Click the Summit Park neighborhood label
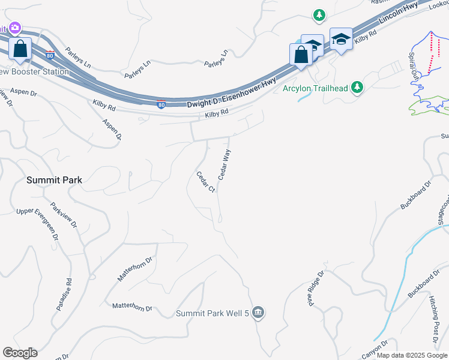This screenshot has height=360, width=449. coord(54,179)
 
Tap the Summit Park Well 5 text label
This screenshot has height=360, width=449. coord(212,313)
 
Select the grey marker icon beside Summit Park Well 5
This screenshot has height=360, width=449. coord(259,312)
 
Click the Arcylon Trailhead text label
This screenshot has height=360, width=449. coord(315,88)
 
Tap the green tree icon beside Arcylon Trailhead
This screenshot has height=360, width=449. coord(358,88)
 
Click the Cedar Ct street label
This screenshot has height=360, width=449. coord(205,182)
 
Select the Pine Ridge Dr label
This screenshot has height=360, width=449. coord(316,288)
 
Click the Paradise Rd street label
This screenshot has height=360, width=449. coord(64,294)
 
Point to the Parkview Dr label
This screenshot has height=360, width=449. coord(64,214)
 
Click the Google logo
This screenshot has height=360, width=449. coord(20,353)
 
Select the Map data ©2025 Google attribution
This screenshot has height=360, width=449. coord(411,355)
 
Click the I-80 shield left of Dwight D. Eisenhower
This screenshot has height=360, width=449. coord(161,104)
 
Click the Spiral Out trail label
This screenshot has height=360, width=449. coord(414,66)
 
